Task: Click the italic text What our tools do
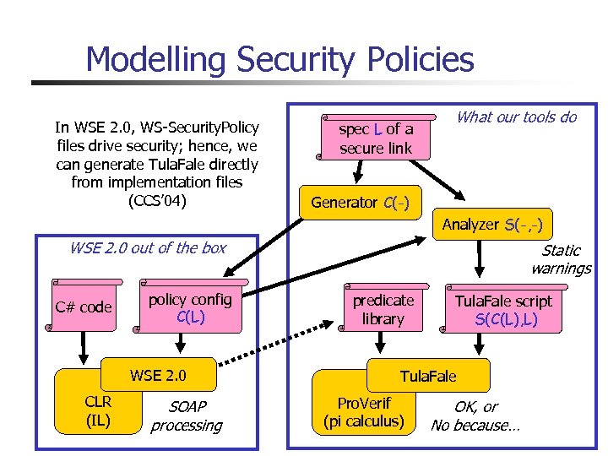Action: click(x=516, y=117)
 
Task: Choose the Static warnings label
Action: click(x=561, y=259)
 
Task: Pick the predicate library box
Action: click(x=383, y=310)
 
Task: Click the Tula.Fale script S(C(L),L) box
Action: click(x=503, y=310)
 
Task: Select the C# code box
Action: click(x=84, y=307)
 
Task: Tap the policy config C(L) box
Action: click(x=190, y=308)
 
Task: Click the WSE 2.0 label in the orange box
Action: click(x=158, y=375)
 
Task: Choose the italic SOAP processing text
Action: click(x=186, y=416)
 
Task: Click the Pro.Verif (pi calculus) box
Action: click(x=364, y=411)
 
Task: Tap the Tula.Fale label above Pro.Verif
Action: click(x=428, y=375)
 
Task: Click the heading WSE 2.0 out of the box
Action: click(x=148, y=247)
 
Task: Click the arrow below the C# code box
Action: click(x=84, y=346)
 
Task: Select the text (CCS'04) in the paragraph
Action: click(x=156, y=201)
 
